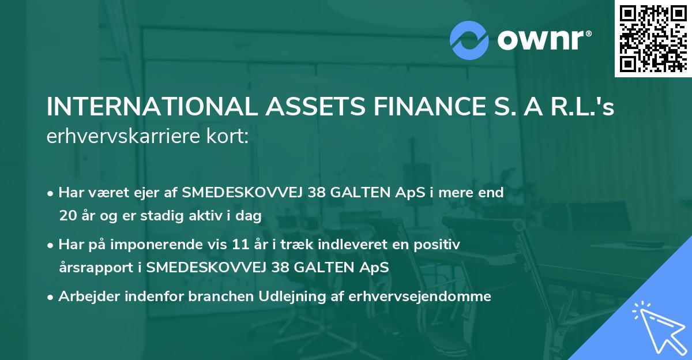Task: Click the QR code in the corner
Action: pos(653,39)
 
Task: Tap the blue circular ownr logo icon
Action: pos(469,39)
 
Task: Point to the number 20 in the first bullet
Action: pos(67,216)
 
